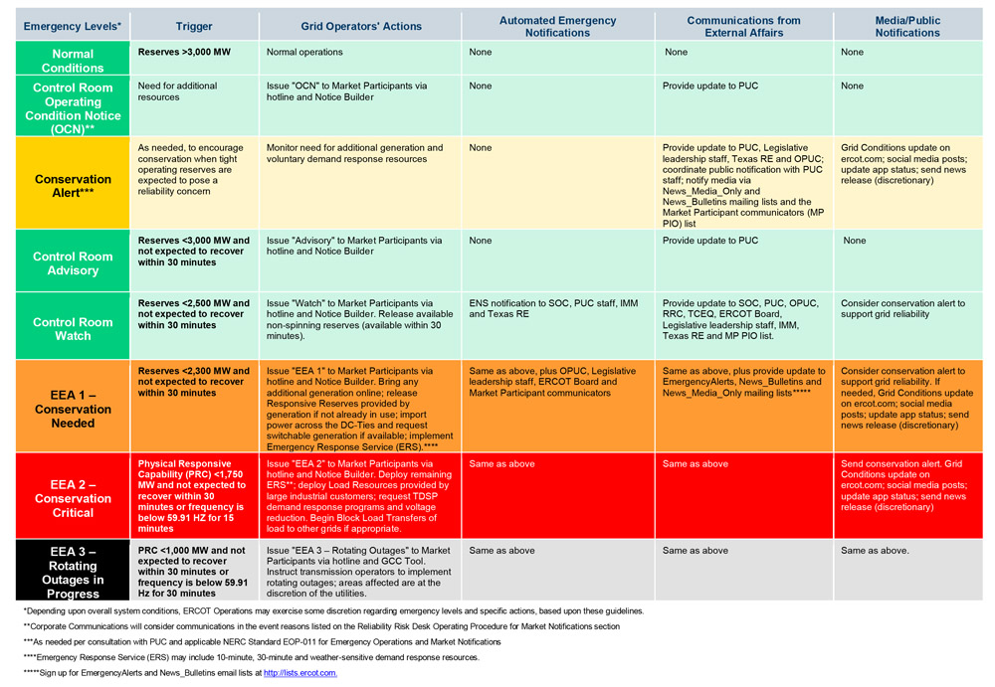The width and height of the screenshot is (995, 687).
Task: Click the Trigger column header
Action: point(193,27)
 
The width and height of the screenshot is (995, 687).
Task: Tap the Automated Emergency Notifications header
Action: point(557,27)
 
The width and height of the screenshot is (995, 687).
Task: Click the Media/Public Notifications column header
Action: point(907,27)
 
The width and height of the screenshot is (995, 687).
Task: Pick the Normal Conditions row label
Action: point(73,61)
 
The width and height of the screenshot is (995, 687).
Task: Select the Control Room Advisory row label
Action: point(73,263)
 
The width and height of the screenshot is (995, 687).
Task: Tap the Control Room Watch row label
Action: point(73,329)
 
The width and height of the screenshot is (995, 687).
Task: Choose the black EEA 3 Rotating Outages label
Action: point(73,572)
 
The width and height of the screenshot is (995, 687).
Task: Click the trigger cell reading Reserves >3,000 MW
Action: point(184,52)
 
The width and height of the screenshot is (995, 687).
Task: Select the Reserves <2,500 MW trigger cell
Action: point(193,314)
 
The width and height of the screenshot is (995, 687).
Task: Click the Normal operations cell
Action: point(303,52)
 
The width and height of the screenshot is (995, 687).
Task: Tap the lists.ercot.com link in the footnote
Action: point(300,673)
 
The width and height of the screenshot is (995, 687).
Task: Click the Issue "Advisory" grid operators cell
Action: point(354,246)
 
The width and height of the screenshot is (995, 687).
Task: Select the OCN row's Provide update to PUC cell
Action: point(709,86)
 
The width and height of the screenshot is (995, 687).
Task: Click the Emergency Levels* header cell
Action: point(73,27)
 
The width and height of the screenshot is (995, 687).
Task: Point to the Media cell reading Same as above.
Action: point(875,550)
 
